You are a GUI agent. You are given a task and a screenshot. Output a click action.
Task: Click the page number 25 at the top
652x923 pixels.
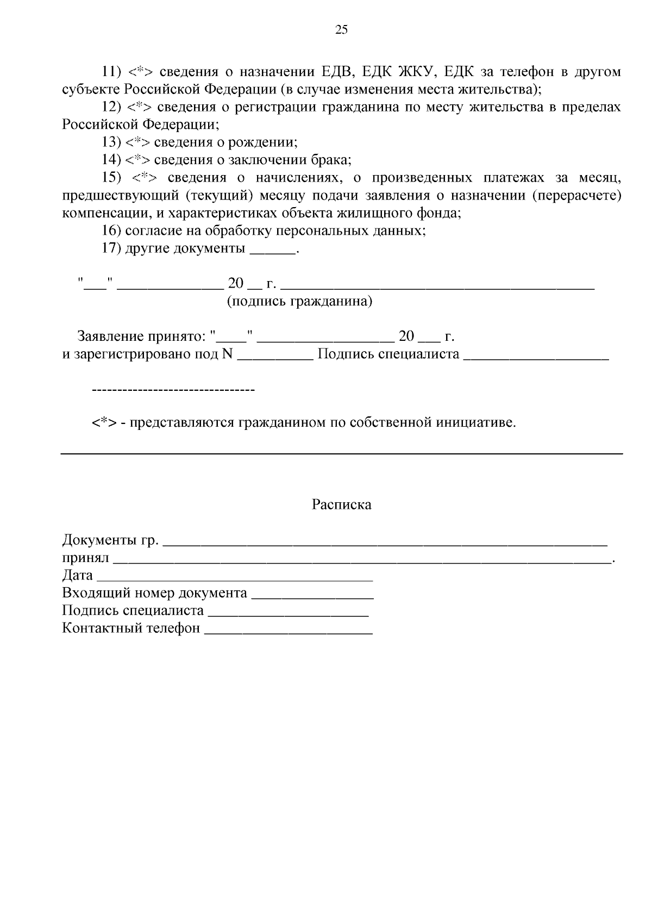[x=341, y=30]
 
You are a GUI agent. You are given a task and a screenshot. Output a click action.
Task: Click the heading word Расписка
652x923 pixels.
[x=341, y=505]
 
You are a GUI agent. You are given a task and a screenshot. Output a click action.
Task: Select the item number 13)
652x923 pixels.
[x=111, y=142]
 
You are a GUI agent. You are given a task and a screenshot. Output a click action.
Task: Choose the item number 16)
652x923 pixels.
[x=111, y=231]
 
